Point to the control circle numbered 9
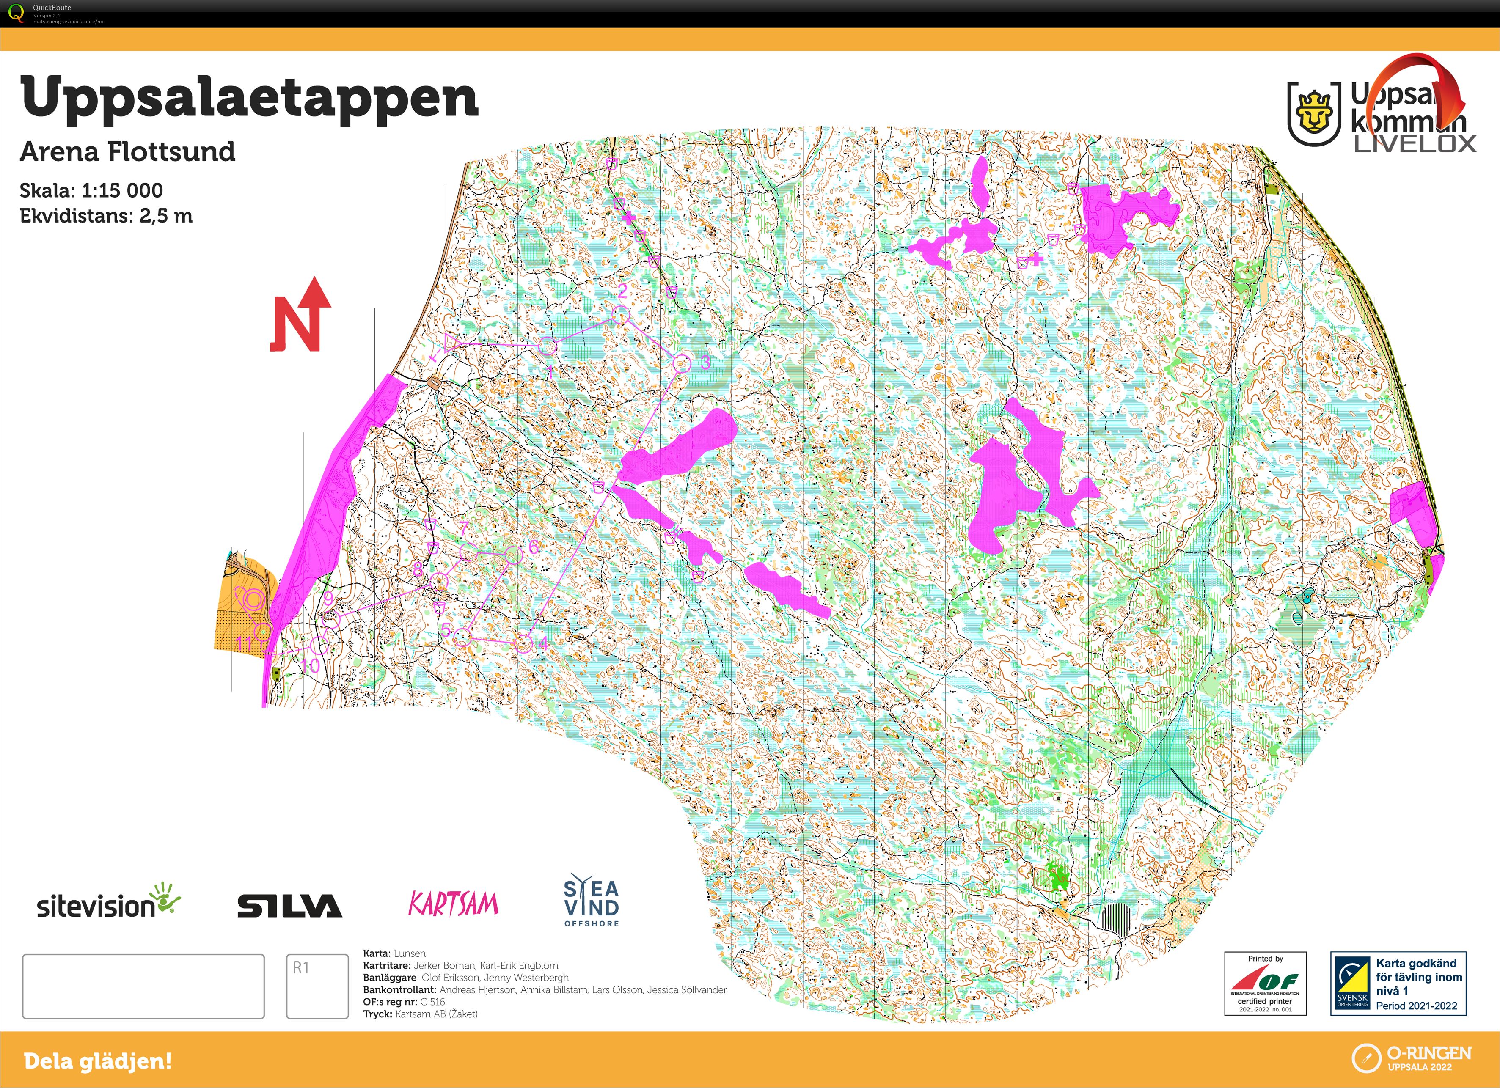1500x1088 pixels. tap(331, 620)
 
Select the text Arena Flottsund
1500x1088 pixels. tap(128, 151)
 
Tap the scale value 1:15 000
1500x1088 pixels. tap(122, 190)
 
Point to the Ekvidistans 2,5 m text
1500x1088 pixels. tap(106, 216)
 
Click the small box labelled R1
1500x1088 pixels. tap(317, 986)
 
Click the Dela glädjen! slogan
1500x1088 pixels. tap(98, 1061)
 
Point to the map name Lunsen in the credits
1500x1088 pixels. tap(410, 953)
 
